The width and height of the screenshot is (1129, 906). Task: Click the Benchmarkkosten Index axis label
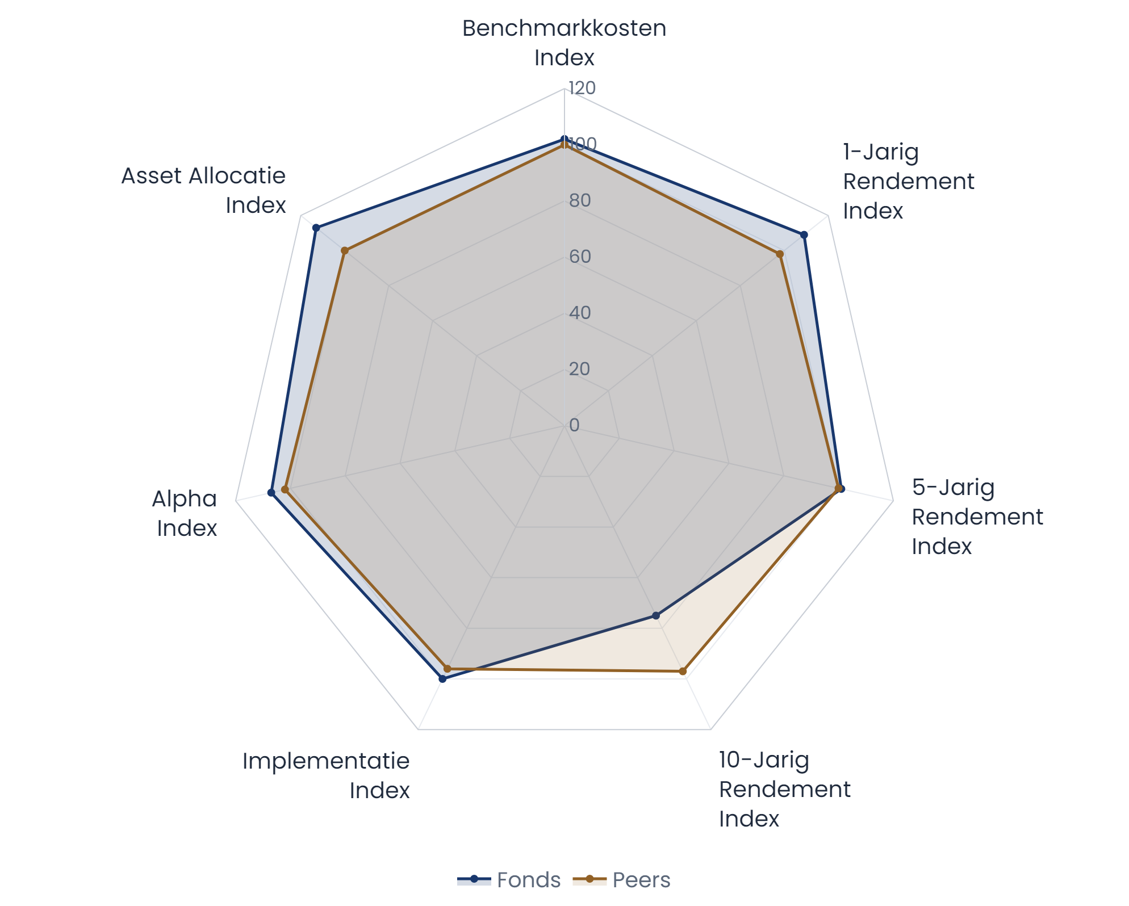click(x=564, y=43)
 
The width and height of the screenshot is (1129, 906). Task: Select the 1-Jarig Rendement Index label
click(x=908, y=181)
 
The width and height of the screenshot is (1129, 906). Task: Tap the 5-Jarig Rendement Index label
click(x=977, y=517)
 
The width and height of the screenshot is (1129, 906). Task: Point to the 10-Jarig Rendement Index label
click(x=784, y=789)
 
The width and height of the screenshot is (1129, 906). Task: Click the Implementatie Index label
click(x=326, y=775)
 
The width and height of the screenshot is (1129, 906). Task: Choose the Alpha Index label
click(x=185, y=513)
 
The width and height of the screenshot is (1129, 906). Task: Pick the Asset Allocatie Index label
click(x=203, y=190)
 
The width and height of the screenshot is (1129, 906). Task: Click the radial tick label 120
click(x=582, y=88)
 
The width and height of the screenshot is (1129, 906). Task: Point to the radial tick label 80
click(x=580, y=200)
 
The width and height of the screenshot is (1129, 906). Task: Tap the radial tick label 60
click(x=580, y=257)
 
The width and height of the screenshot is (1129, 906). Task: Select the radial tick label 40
click(x=580, y=313)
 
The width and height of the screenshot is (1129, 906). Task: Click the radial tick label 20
click(x=580, y=369)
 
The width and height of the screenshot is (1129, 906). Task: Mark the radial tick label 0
click(x=574, y=425)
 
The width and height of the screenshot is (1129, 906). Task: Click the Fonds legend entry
click(x=509, y=880)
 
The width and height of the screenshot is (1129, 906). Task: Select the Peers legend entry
click(x=622, y=880)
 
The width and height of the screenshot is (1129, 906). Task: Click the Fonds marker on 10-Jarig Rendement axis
click(x=656, y=615)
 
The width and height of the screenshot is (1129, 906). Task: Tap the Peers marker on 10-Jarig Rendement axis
click(x=683, y=672)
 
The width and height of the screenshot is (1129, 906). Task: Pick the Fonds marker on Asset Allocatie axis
click(x=316, y=228)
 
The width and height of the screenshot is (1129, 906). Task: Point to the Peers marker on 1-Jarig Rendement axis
click(x=780, y=254)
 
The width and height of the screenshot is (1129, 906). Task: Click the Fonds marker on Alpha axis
click(x=271, y=492)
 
